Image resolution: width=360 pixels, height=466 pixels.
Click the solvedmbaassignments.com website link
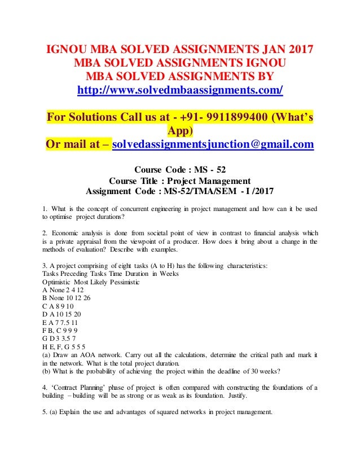point(180,90)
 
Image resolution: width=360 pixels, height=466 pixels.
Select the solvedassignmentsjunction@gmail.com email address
point(213,145)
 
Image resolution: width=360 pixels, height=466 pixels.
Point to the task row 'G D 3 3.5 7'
point(66,337)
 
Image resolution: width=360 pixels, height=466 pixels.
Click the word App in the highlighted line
point(180,131)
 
